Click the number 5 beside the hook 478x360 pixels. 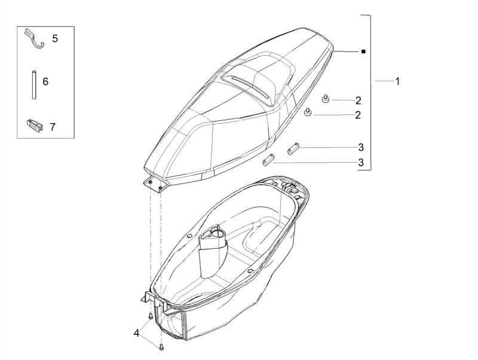55,39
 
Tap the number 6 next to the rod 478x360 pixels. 45,81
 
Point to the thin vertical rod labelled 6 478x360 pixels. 34,84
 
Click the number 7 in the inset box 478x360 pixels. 53,127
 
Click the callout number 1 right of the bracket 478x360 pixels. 397,81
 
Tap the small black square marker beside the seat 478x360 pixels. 363,51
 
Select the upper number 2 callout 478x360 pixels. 358,100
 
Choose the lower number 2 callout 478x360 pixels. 358,115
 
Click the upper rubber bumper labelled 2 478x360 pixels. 326,99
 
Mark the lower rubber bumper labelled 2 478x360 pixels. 308,112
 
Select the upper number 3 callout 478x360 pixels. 361,147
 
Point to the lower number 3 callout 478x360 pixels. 361,162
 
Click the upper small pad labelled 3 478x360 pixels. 293,148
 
